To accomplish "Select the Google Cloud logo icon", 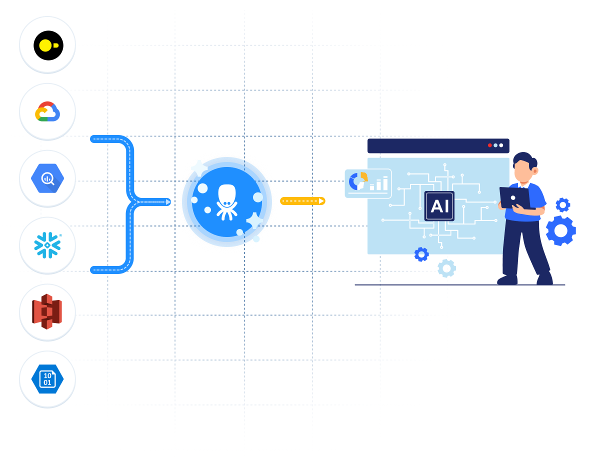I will (47, 111).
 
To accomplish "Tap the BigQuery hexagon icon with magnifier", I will (47, 178).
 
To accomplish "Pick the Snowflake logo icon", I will (47, 245).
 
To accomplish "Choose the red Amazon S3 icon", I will (47, 311).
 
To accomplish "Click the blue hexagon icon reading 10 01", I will (47, 379).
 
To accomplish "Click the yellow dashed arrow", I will (302, 201).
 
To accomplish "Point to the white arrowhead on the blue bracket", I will (168, 202).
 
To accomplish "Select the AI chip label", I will (439, 206).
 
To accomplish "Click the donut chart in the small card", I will (358, 181).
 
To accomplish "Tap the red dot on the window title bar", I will (489, 145).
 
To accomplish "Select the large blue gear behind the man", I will (560, 230).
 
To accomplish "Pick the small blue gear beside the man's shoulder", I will (563, 204).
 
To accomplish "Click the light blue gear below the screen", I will (446, 268).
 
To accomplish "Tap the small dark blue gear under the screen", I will (421, 254).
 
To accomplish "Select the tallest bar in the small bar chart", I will (385, 183).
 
